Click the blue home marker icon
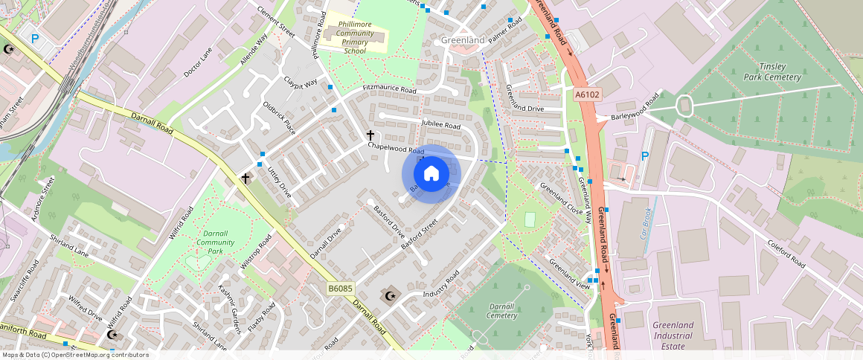pyautogui.click(x=431, y=173)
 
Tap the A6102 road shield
pyautogui.click(x=586, y=94)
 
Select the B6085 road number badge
pyautogui.click(x=339, y=288)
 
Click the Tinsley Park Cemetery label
pyautogui.click(x=772, y=71)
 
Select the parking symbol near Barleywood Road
pyautogui.click(x=645, y=157)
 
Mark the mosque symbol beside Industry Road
pyautogui.click(x=388, y=296)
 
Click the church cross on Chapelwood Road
pyautogui.click(x=370, y=135)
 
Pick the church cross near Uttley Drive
pyautogui.click(x=246, y=179)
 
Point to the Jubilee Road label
pyautogui.click(x=440, y=125)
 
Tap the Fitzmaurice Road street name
pyautogui.click(x=389, y=89)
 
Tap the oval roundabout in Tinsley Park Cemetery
pyautogui.click(x=684, y=106)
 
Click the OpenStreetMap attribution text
pyautogui.click(x=76, y=355)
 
